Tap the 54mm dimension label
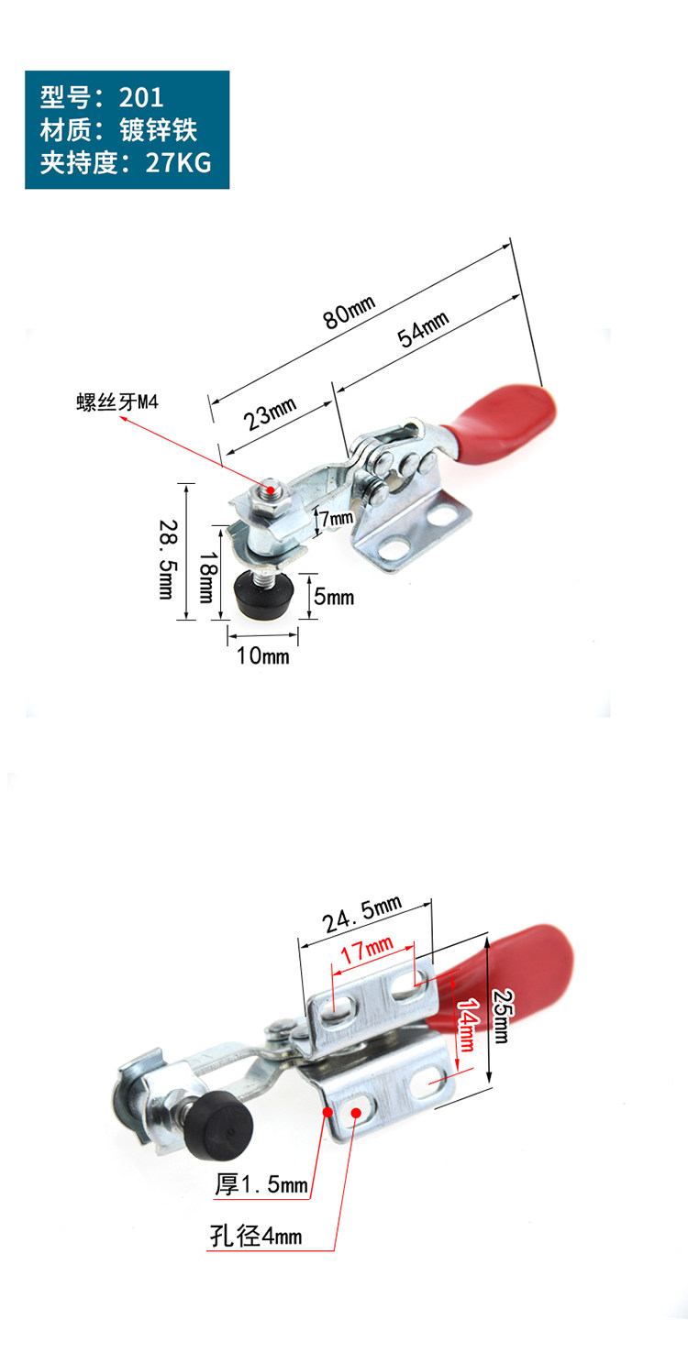tap(423, 328)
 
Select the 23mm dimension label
tap(270, 413)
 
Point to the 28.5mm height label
tap(168, 559)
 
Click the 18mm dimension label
tap(208, 577)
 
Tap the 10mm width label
tap(262, 655)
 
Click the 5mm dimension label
tap(334, 597)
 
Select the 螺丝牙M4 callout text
tap(117, 401)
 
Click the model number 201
tap(141, 97)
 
